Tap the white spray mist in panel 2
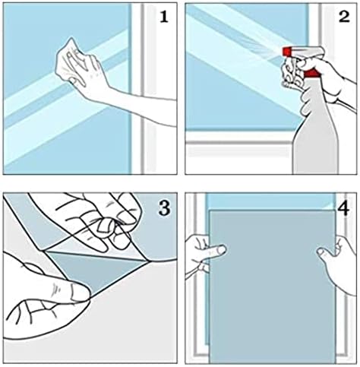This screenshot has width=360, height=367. (243, 38)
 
